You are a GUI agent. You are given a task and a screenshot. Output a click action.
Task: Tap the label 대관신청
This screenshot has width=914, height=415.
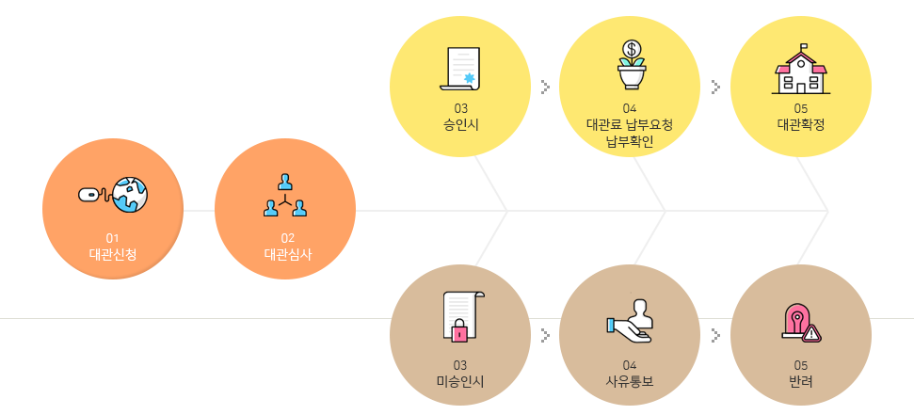[113, 253]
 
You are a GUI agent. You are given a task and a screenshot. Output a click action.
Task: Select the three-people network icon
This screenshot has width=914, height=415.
[285, 195]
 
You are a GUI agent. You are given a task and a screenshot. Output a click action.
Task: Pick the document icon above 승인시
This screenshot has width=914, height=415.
[460, 70]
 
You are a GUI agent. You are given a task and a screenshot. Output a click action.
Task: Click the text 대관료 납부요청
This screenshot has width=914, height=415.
[630, 124]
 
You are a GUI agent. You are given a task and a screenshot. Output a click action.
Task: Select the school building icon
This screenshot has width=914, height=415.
[801, 70]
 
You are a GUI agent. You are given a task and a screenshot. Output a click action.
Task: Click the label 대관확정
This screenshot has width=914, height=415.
[801, 124]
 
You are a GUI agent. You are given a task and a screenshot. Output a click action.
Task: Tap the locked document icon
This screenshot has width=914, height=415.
[461, 316]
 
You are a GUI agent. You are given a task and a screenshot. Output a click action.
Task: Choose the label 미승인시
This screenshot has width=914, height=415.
[460, 381]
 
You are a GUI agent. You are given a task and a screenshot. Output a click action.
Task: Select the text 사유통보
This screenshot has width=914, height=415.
[630, 381]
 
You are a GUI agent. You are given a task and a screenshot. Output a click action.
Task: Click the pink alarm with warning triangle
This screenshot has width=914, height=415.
[801, 323]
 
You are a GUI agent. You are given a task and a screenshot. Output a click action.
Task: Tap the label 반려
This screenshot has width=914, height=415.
[801, 381]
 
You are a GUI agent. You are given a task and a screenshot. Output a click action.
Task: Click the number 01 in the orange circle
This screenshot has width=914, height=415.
[113, 236]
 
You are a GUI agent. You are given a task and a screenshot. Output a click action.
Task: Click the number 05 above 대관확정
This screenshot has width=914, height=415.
[801, 108]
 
